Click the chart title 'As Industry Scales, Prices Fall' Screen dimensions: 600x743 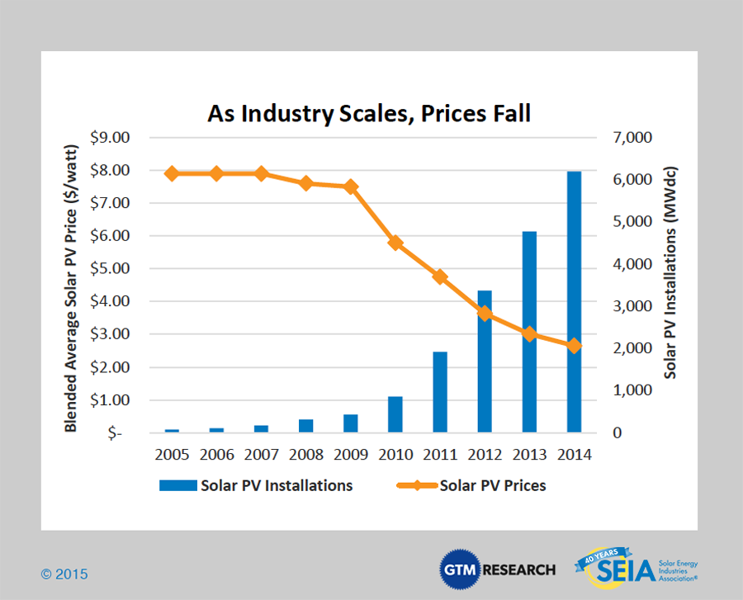tap(369, 113)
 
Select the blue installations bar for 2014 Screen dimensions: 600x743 tap(574, 301)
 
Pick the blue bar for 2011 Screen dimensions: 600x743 tap(440, 392)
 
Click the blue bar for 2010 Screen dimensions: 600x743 tap(395, 414)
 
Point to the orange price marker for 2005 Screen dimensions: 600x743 tap(172, 173)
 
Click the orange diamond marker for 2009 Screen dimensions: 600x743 tap(351, 187)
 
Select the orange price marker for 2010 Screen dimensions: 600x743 tap(395, 243)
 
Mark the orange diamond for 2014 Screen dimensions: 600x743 tap(574, 346)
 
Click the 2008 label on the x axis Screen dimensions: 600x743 tap(305, 455)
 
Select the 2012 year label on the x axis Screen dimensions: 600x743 tap(485, 455)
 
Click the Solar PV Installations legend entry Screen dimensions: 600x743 tap(257, 485)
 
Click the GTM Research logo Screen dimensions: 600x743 tap(498, 569)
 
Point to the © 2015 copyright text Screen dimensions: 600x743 tap(64, 574)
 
